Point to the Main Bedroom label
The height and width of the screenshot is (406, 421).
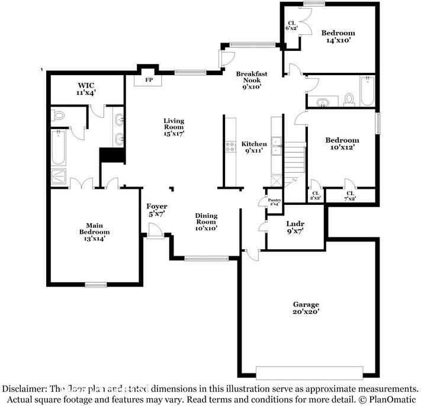(94, 228)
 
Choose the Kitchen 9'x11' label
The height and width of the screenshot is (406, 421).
(253, 147)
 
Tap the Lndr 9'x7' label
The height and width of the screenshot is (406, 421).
(295, 228)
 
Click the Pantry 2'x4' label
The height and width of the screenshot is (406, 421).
(274, 202)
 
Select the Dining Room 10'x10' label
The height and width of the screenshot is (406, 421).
(207, 222)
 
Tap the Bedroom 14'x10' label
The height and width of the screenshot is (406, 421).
(338, 36)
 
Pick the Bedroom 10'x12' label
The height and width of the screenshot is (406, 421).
(342, 144)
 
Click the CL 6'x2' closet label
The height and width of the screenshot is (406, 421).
(291, 25)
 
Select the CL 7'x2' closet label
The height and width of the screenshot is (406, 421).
(350, 196)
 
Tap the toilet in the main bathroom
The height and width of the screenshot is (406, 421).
(58, 115)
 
